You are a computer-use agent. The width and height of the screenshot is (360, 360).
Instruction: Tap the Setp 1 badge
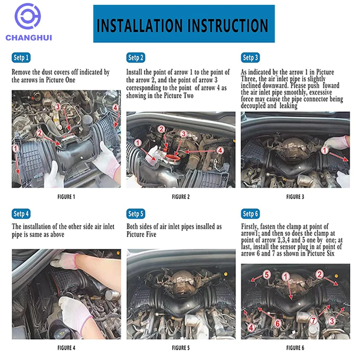(x=21, y=58)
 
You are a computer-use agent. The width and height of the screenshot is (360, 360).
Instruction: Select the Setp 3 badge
(x=250, y=58)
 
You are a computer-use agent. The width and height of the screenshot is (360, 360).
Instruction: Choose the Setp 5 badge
(x=136, y=214)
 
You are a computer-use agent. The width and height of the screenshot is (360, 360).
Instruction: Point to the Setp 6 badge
(x=250, y=214)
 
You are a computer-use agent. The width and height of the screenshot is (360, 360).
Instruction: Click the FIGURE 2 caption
(x=180, y=197)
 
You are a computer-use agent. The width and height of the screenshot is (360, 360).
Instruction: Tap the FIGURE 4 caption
(x=66, y=348)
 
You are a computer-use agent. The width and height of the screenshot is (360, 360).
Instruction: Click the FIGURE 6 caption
(x=295, y=348)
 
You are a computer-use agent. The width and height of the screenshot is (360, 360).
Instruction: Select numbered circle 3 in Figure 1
(x=58, y=107)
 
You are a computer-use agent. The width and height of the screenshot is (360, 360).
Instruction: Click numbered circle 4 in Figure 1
(x=115, y=108)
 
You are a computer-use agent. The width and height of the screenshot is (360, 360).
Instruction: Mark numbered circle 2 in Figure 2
(x=161, y=129)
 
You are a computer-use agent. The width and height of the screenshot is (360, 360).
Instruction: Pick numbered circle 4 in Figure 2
(x=220, y=150)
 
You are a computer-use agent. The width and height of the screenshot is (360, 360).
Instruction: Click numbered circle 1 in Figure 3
(x=324, y=150)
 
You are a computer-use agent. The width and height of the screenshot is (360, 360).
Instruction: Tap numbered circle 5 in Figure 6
(x=266, y=275)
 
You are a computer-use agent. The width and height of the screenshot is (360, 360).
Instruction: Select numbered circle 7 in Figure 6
(x=313, y=320)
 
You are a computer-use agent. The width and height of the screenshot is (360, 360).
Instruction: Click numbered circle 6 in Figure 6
(x=277, y=324)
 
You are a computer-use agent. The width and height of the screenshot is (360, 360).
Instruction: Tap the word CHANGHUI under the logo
(x=29, y=37)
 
